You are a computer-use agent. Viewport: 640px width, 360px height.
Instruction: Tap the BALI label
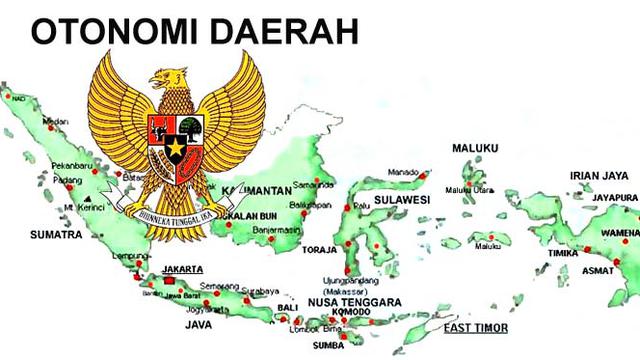click(288, 307)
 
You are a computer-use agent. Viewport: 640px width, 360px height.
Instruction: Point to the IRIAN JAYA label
click(598, 176)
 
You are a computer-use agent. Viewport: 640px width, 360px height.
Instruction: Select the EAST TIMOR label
click(477, 328)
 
